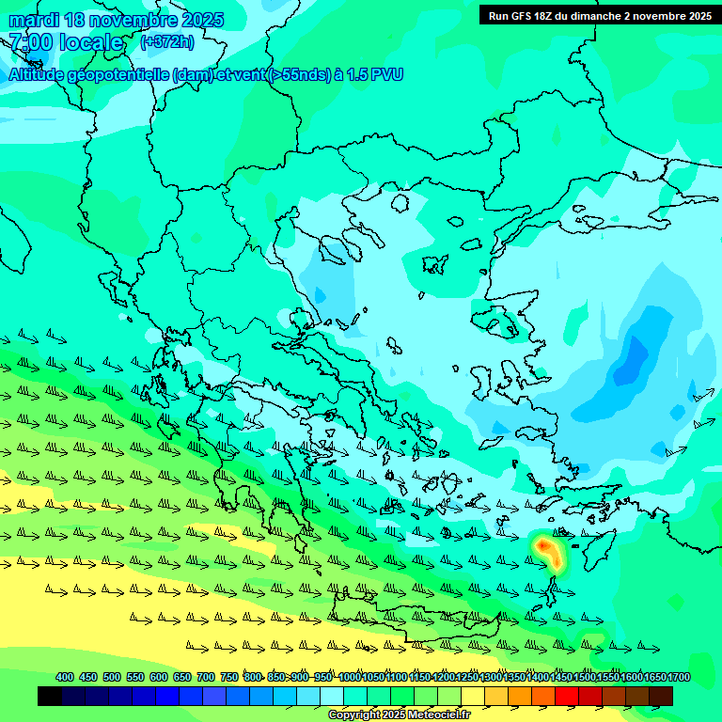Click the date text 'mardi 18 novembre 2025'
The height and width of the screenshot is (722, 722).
tap(116, 20)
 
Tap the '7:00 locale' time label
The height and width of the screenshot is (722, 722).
tap(66, 42)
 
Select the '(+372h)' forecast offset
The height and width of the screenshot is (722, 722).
tap(167, 42)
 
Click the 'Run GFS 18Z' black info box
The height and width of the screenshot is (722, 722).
tap(599, 15)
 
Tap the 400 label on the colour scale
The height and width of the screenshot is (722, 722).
tap(65, 677)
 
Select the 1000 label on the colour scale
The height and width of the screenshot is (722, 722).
tap(349, 677)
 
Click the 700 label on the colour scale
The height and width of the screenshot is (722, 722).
tap(206, 677)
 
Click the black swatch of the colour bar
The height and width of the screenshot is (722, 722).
tap(50, 696)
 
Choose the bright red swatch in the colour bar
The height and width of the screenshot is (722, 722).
tap(567, 696)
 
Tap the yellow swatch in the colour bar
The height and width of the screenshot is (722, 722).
tap(473, 696)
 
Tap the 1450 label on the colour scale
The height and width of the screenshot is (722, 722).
tap(561, 677)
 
